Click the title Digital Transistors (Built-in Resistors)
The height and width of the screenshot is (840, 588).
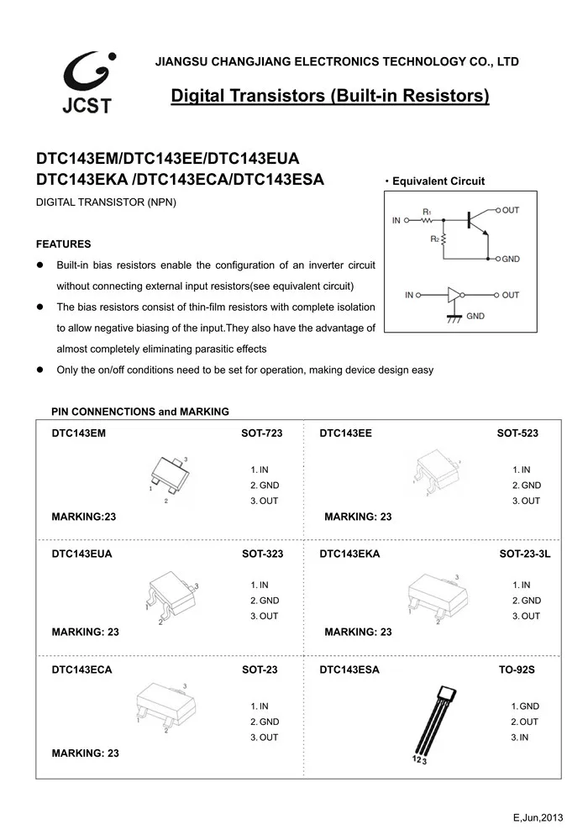click(330, 96)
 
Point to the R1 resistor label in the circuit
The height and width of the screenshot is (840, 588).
click(427, 211)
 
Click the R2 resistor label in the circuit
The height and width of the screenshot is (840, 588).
click(433, 239)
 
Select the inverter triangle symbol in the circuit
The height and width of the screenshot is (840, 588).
click(454, 295)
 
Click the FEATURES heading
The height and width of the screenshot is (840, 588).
click(63, 244)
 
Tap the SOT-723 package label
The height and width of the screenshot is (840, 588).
click(262, 433)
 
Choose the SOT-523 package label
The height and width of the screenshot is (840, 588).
click(517, 433)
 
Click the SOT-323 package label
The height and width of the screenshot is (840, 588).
click(262, 554)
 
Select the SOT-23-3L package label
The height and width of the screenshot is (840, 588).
click(525, 554)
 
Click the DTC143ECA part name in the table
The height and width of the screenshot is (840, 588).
click(81, 670)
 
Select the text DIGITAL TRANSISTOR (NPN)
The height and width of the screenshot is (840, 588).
click(106, 204)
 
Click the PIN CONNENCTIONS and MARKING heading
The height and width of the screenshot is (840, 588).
click(140, 412)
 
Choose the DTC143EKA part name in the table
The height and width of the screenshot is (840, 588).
click(349, 554)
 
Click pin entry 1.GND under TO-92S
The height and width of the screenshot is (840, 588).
click(525, 706)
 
